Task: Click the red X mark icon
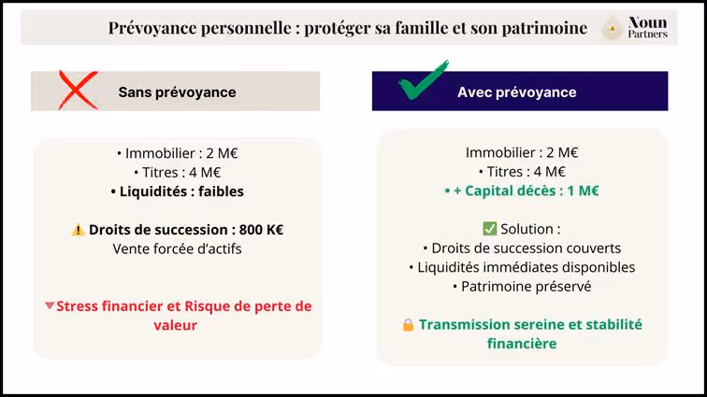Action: (79, 90)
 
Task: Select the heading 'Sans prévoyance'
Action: (177, 92)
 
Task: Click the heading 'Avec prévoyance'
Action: (516, 92)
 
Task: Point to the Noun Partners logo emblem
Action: (613, 28)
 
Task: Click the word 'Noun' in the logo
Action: (647, 21)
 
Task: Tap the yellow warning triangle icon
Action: (78, 230)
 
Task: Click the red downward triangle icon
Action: (50, 306)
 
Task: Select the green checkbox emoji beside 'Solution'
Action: (489, 229)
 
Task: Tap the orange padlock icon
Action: (408, 325)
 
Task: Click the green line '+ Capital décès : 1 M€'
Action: (522, 191)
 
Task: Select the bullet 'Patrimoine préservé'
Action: (522, 287)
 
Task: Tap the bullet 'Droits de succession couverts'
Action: (522, 248)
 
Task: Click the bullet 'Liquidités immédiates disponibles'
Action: (522, 267)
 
